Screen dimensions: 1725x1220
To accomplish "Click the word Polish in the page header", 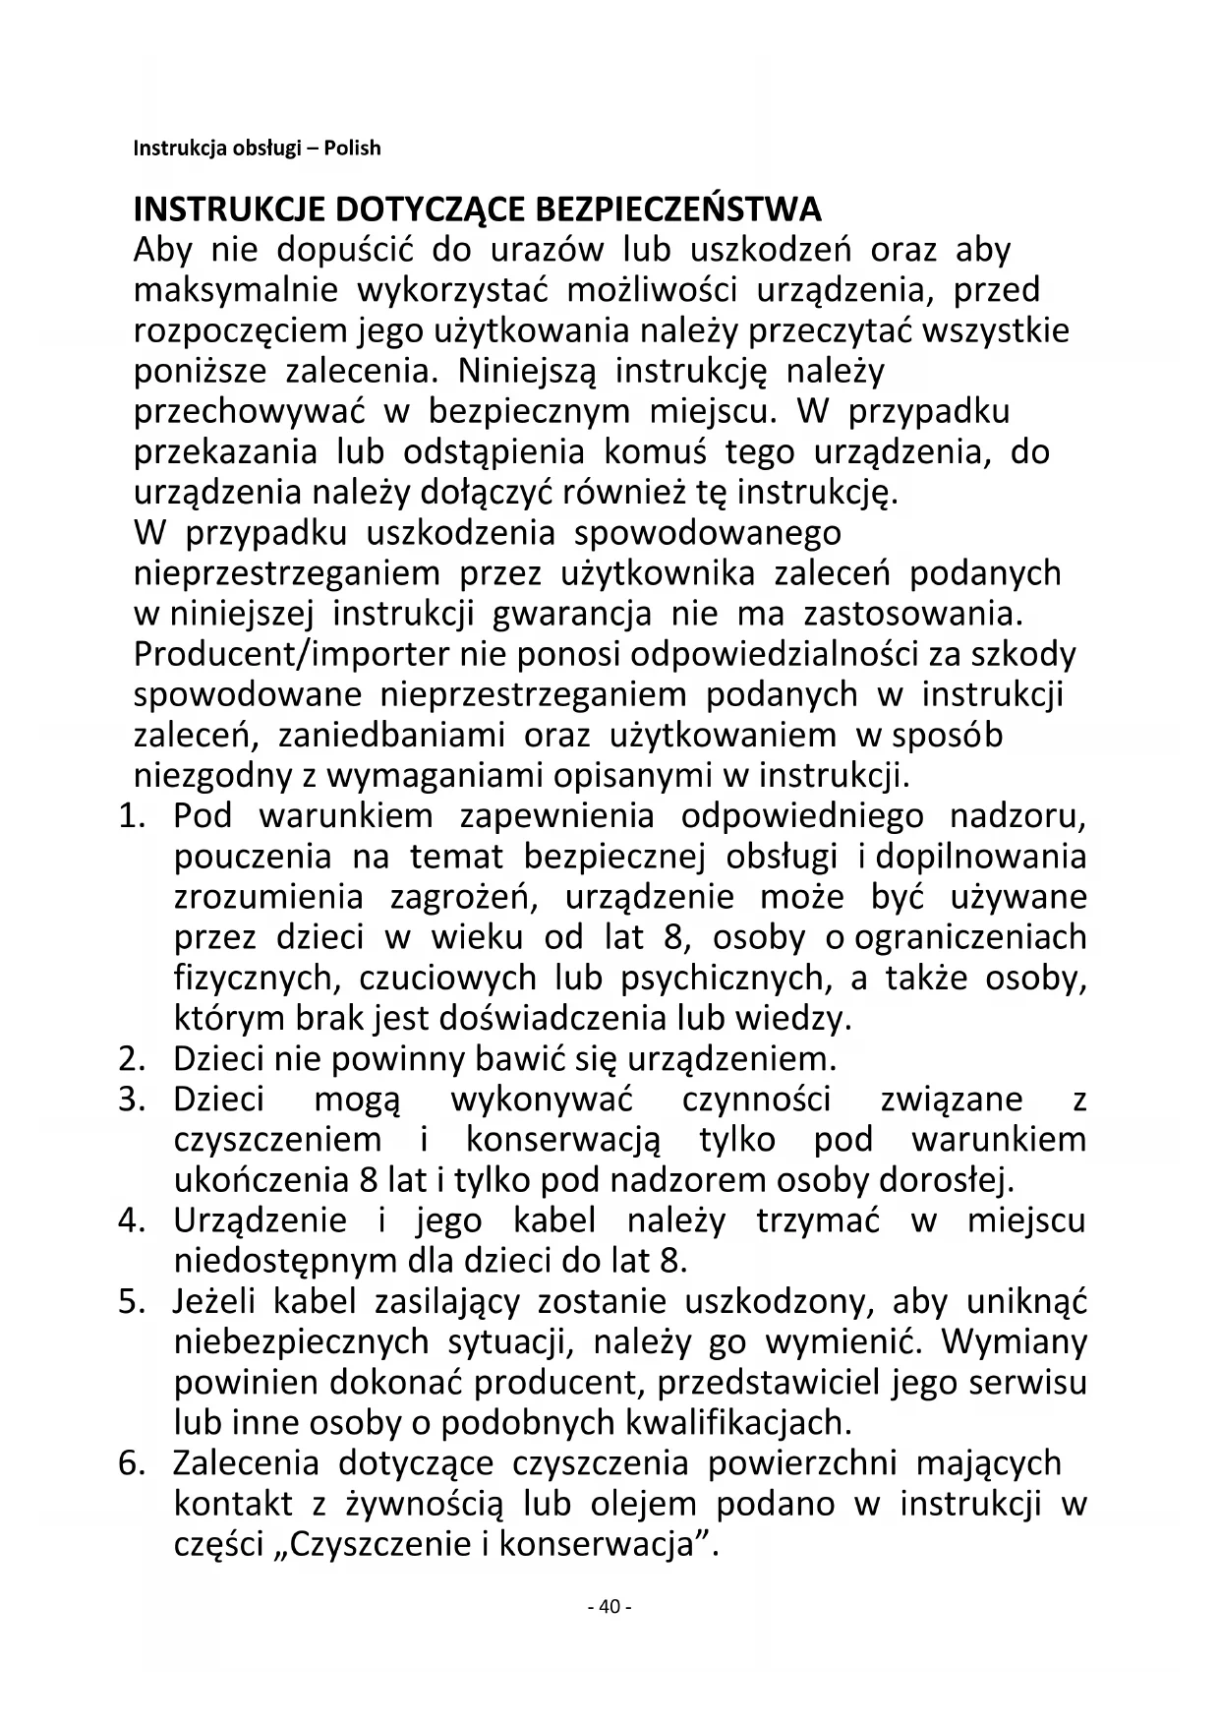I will pyautogui.click(x=352, y=149).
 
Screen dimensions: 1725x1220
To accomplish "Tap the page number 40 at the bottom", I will pyautogui.click(x=609, y=1607).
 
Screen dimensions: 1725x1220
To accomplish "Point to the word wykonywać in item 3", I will pyautogui.click(x=542, y=1100).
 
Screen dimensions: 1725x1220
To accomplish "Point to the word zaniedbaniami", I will pyautogui.click(x=391, y=736).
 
